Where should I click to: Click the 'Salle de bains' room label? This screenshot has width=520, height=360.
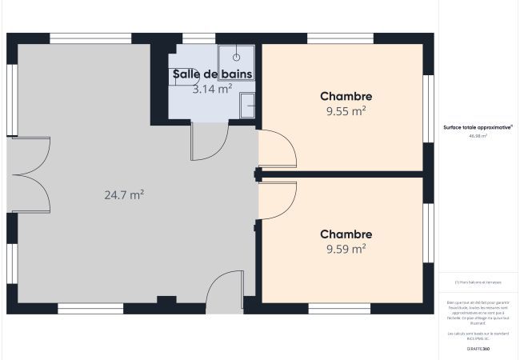[213, 74]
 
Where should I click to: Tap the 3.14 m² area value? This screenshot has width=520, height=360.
[213, 90]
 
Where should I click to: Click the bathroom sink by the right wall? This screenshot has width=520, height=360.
[249, 105]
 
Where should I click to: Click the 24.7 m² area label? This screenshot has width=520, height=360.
[124, 194]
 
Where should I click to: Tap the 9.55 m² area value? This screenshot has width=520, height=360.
[346, 111]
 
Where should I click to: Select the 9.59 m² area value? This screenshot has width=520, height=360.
[346, 249]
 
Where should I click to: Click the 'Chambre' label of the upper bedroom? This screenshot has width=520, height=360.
[346, 96]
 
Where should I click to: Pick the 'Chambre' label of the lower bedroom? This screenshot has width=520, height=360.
[346, 234]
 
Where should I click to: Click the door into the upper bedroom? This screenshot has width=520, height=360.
[277, 150]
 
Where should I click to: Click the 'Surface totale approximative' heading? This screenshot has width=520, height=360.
[478, 127]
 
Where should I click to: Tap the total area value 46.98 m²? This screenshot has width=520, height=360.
[478, 136]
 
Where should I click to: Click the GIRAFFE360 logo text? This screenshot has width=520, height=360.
[478, 350]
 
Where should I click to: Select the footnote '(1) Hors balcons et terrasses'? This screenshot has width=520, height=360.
[478, 282]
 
